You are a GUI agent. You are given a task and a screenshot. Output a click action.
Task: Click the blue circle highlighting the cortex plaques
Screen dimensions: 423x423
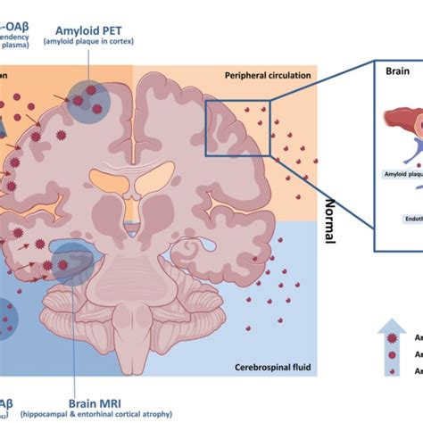87,100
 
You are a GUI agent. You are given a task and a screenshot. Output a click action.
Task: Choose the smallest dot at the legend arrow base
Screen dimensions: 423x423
388,383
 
